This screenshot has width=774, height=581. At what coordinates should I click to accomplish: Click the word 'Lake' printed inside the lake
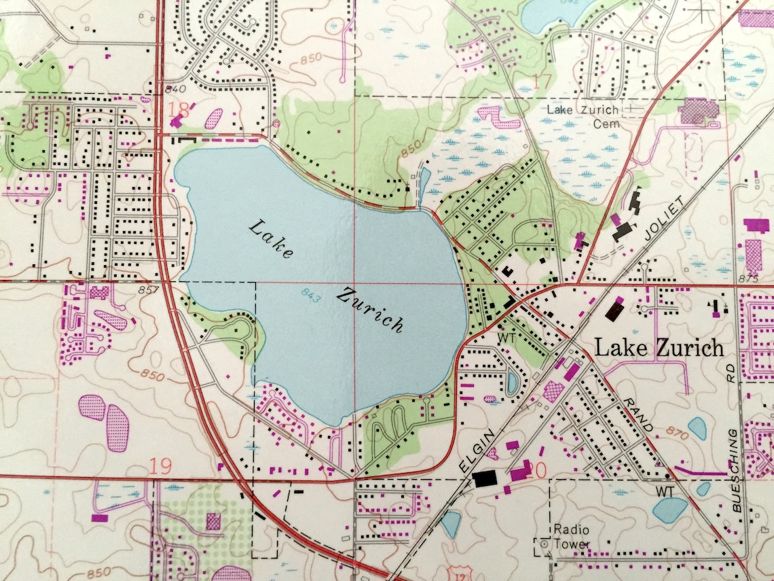click(271, 239)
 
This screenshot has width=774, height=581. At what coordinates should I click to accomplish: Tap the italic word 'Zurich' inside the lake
click(371, 310)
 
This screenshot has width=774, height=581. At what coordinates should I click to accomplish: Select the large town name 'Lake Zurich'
click(659, 348)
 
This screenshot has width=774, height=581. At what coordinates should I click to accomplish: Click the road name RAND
click(642, 416)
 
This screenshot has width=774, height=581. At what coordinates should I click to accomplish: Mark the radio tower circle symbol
click(543, 543)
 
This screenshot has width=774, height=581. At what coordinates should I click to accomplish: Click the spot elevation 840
click(174, 89)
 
